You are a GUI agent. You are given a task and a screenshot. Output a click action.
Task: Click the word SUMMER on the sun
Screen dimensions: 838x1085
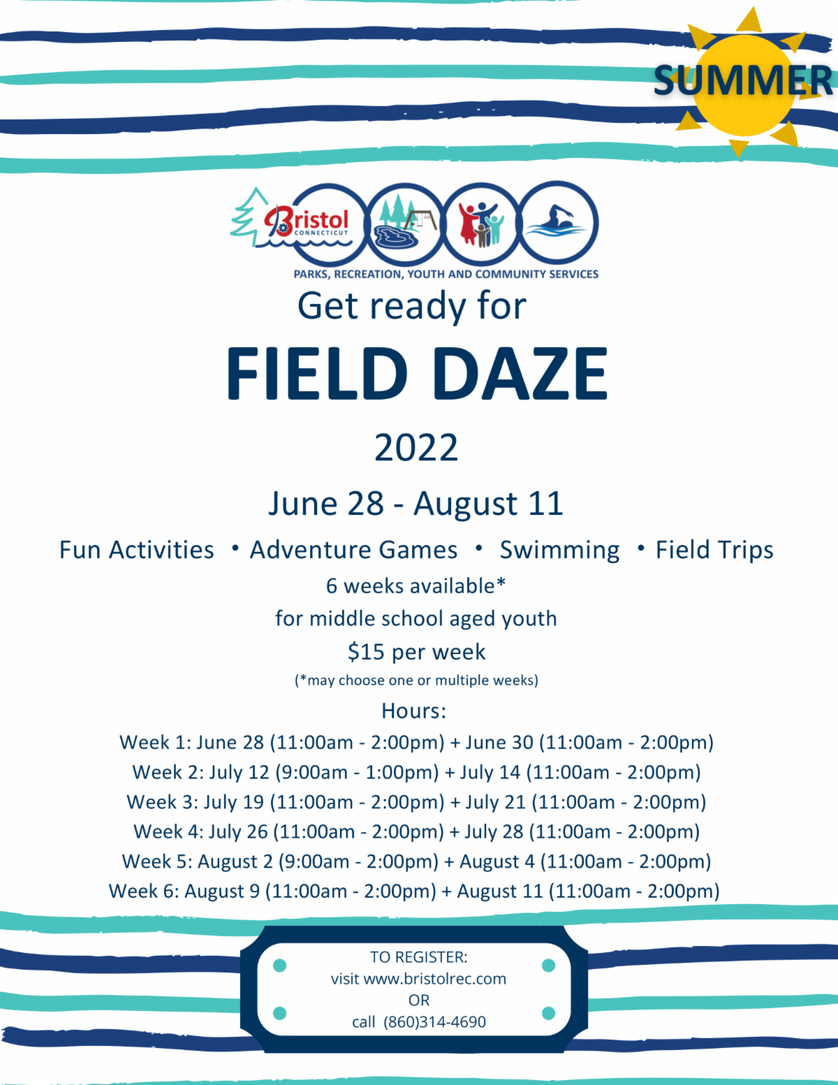coord(742,80)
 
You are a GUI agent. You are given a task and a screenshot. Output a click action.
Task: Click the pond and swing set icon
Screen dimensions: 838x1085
coord(405,223)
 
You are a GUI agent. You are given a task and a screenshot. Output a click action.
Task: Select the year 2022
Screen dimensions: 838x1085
coord(416,447)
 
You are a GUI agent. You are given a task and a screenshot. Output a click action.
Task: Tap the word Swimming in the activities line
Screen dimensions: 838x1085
coord(559,551)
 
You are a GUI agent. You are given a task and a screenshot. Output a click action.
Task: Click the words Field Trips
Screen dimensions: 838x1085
coord(714,550)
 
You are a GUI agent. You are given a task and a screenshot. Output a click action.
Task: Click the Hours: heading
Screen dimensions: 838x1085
coord(413,711)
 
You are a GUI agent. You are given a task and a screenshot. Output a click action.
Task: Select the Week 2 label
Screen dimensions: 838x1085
coord(168,772)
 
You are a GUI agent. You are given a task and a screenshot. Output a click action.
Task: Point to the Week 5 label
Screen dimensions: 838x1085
coord(157,861)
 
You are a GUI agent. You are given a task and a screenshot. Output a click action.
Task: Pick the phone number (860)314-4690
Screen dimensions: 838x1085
coord(434,1022)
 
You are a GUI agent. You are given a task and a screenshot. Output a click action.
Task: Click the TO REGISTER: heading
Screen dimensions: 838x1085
coord(419,956)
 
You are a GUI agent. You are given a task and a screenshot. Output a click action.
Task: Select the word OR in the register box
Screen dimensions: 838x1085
coord(419,1000)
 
